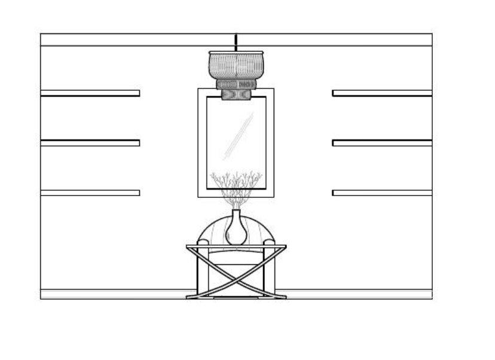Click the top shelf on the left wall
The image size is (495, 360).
point(90,93)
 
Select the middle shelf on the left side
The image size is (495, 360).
point(90,143)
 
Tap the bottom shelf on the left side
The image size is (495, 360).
point(90,193)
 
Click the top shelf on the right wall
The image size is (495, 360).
point(382,93)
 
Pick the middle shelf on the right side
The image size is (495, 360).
point(382,143)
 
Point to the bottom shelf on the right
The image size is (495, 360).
point(382,193)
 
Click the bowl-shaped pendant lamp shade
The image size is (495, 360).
point(236,65)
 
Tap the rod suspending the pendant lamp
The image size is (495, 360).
point(236,42)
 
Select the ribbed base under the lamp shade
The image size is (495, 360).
point(236,85)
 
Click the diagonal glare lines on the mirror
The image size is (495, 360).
point(239,136)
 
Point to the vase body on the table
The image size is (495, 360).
point(236,233)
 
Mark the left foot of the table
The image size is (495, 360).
point(192,296)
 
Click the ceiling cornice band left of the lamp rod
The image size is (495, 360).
point(137,39)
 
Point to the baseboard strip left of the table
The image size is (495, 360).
point(114,294)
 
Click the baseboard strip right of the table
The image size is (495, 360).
point(359,294)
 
